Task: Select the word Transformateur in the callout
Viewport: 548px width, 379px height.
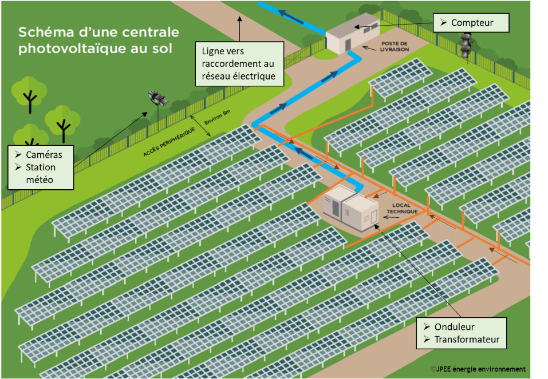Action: (467, 340)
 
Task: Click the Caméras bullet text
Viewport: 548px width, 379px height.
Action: (44, 155)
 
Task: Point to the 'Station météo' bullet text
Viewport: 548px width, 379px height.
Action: (41, 173)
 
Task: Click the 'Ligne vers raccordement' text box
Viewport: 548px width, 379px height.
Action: (238, 63)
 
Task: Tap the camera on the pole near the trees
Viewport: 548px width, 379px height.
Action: (159, 99)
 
